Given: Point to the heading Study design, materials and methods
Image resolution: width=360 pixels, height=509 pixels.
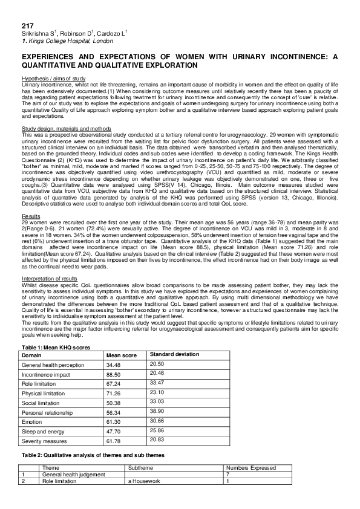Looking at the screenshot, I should pyautogui.click(x=66, y=129).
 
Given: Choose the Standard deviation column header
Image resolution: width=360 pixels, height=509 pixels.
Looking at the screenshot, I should pyautogui.click(x=175, y=354).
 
